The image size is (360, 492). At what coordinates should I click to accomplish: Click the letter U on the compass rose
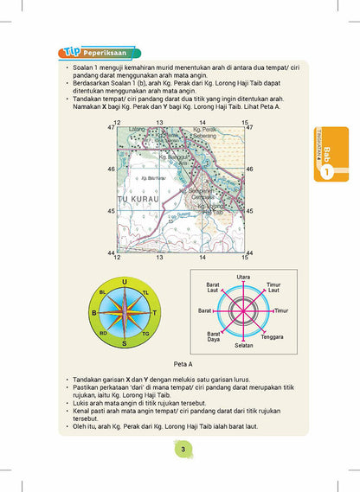[125, 282]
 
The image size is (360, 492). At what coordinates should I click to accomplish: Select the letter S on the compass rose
[125, 343]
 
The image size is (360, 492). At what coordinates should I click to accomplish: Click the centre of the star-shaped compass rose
[125, 313]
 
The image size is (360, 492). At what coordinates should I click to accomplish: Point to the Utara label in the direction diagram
[243, 276]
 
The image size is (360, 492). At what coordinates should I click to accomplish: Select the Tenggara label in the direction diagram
[273, 336]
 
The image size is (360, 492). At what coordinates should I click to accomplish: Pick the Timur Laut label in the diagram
[273, 287]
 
